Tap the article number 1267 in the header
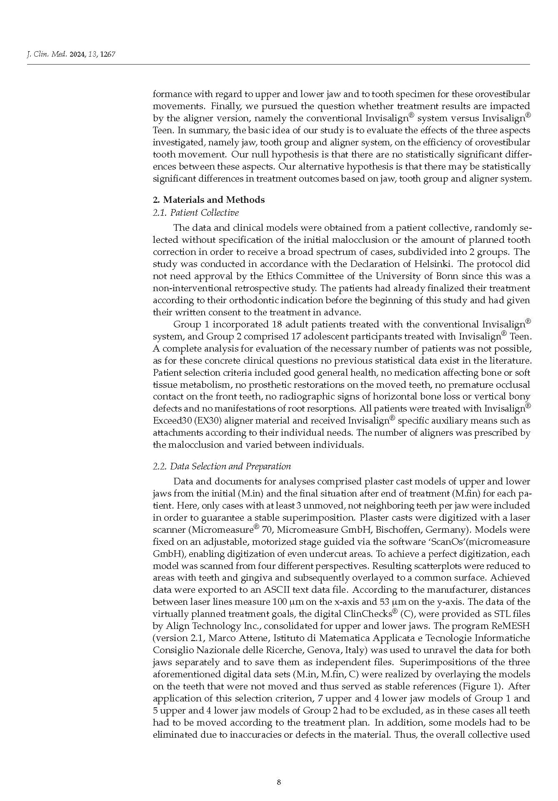pos(108,54)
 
